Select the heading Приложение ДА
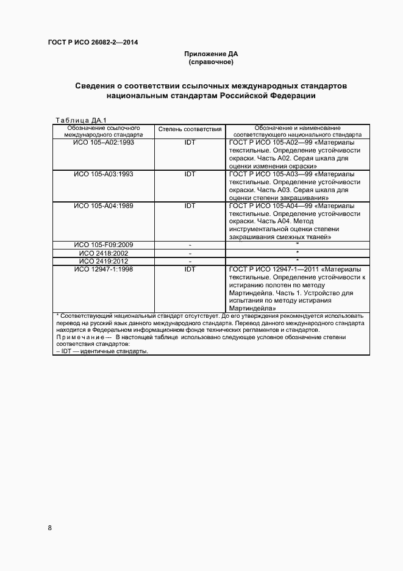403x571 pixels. pos(211,54)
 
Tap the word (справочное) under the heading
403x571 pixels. pos(211,62)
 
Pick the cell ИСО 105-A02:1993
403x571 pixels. pos(104,142)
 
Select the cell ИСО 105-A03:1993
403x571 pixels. pos(104,173)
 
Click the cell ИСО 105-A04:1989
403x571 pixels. pos(104,206)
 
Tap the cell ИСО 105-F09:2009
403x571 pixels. pos(104,245)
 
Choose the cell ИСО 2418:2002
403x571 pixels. pos(104,253)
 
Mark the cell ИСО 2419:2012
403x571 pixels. pos(104,260)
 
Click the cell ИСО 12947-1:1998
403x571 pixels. pos(104,268)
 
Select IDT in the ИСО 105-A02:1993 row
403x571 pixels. pos(190,142)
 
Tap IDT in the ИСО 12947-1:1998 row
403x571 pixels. pos(190,268)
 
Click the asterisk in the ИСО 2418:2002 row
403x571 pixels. pos(297,253)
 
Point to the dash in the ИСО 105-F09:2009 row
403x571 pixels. pos(190,245)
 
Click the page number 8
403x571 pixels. pos(50,528)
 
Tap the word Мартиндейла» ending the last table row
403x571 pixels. pos(251,308)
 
